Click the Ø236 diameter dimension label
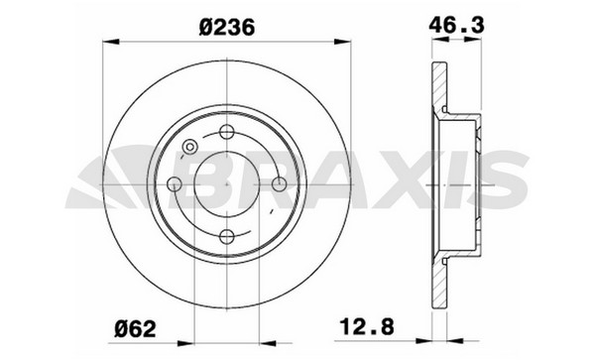[x=226, y=27]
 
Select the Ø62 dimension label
[x=135, y=328]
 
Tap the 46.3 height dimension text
[x=456, y=25]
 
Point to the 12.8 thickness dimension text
[x=367, y=326]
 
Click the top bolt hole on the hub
[x=227, y=132]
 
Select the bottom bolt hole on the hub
[x=227, y=237]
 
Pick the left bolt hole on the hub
[x=175, y=184]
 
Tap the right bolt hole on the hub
[x=280, y=184]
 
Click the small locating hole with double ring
[x=189, y=147]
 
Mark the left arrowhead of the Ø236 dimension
[x=111, y=42]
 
